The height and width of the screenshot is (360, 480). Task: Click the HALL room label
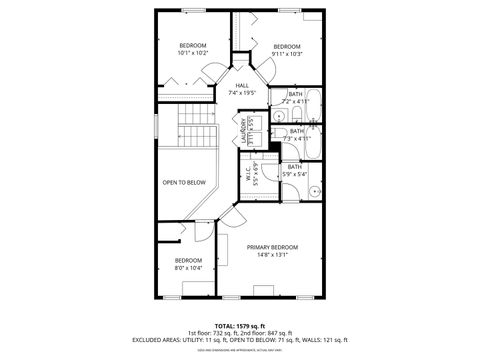[x=242, y=86]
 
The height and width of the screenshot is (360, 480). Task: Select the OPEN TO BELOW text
[x=184, y=182]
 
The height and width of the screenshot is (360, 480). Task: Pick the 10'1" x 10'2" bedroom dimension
[x=193, y=54]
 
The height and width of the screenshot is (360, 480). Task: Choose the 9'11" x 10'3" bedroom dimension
[x=287, y=54]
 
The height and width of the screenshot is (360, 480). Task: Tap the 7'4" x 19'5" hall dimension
[x=242, y=94]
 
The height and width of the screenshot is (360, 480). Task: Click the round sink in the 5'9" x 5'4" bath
[x=312, y=190]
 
